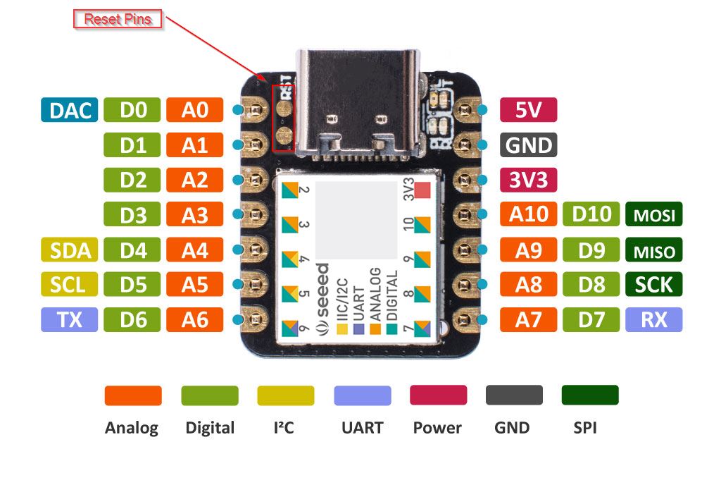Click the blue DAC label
(x=69, y=110)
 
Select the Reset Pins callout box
(x=118, y=19)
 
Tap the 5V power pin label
(x=528, y=110)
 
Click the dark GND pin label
(x=528, y=145)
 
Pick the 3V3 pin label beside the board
(x=528, y=180)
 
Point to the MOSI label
(x=654, y=214)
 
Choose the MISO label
(x=654, y=250)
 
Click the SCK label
(x=654, y=285)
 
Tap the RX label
(x=654, y=320)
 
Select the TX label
(x=69, y=320)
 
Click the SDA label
(x=69, y=250)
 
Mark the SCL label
(x=69, y=285)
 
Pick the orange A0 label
(x=195, y=110)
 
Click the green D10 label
(x=591, y=214)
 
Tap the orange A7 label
(x=528, y=320)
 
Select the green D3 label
(x=132, y=214)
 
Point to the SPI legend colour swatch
(x=590, y=395)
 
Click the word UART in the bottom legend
(x=362, y=428)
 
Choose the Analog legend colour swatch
(x=132, y=395)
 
